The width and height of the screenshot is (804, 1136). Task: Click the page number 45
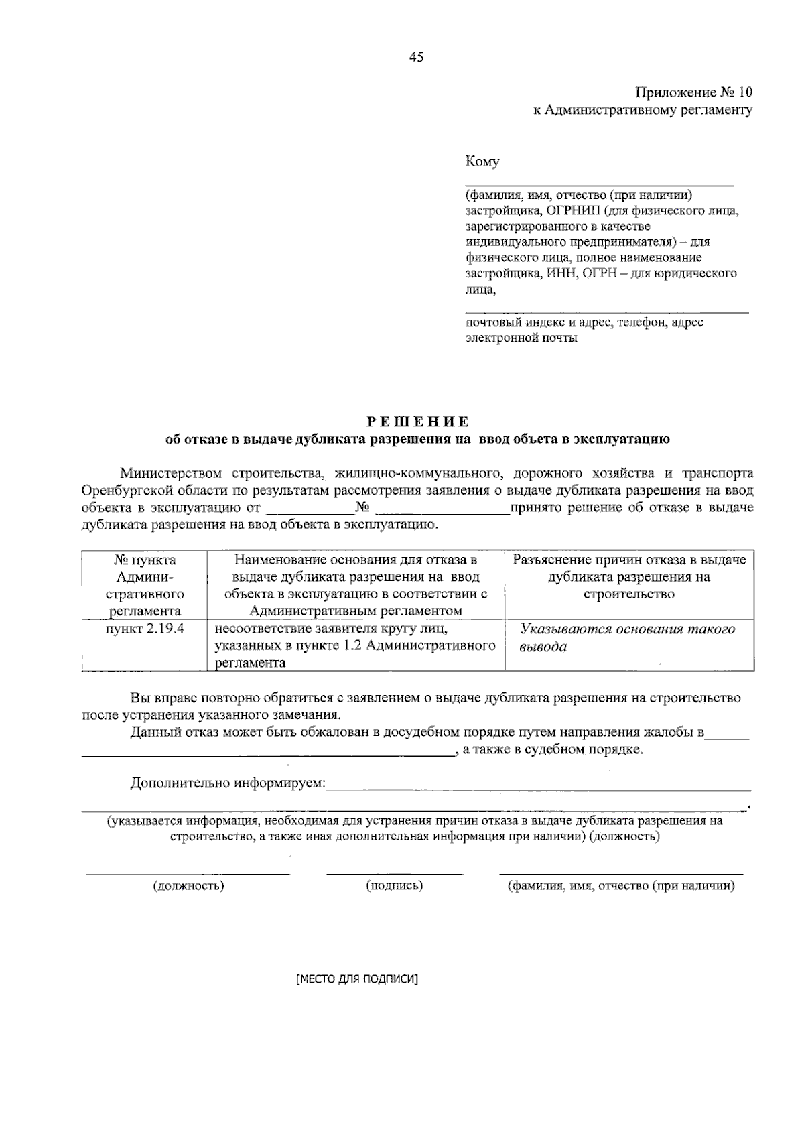tap(416, 58)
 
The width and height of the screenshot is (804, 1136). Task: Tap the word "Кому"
tap(482, 162)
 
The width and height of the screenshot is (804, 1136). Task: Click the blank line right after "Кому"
tap(599, 182)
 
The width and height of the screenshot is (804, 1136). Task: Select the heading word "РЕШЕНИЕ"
tap(417, 422)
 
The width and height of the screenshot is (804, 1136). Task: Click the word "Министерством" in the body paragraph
tap(172, 474)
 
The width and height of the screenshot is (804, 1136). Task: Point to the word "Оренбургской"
tap(125, 491)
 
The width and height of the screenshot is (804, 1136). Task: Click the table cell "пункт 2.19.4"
tap(145, 629)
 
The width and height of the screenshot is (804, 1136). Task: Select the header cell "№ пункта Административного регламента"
tap(145, 585)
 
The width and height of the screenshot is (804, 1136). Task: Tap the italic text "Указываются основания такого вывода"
tap(628, 637)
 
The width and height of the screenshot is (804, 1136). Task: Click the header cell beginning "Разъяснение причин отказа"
tap(629, 576)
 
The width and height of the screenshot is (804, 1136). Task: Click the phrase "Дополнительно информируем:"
tap(228, 783)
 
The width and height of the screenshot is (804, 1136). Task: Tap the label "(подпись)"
tap(394, 886)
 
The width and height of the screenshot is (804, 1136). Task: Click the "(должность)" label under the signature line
tap(188, 886)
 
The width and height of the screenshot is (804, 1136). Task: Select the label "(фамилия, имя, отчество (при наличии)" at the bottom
tap(621, 886)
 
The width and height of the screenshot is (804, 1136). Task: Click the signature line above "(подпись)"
tap(394, 873)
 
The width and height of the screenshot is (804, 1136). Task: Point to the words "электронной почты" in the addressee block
tap(521, 338)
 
